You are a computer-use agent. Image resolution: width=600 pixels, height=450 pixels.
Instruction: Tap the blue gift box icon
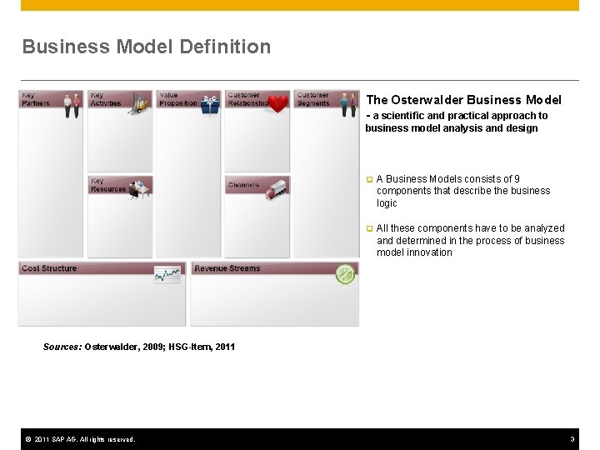tap(210, 104)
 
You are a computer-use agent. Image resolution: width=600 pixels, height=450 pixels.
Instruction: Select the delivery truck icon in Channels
tap(277, 187)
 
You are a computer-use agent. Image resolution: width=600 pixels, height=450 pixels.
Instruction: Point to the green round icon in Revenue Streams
tap(345, 274)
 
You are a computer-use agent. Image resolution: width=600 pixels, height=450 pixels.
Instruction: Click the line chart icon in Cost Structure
tap(167, 275)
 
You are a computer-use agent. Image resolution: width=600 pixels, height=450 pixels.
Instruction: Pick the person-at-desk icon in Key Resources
tap(140, 188)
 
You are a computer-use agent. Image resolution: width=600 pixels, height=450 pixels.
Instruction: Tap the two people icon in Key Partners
tap(72, 103)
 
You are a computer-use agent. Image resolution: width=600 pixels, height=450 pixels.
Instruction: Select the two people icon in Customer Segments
tap(348, 103)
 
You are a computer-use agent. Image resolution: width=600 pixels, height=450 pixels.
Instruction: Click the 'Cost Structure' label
tap(49, 268)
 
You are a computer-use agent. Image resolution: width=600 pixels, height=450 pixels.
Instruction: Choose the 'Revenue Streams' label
tap(227, 268)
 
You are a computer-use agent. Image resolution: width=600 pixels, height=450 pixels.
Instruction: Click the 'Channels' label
tap(243, 185)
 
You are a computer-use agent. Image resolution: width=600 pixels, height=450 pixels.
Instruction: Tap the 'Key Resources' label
tap(107, 185)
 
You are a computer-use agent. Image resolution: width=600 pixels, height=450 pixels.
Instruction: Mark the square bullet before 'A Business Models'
tap(369, 179)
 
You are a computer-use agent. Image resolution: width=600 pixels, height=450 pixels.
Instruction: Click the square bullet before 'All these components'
tap(369, 228)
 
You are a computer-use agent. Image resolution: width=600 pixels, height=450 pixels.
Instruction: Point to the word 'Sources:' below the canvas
tap(62, 347)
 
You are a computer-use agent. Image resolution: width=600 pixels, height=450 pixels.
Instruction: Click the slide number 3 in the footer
tap(572, 439)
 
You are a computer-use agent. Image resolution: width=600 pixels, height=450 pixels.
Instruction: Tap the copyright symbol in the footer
tap(27, 439)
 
